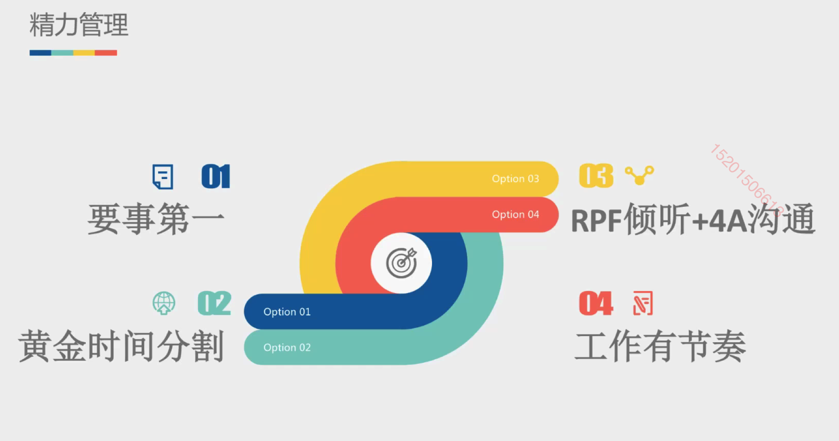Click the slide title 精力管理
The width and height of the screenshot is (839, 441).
click(x=79, y=25)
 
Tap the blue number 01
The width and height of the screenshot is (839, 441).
click(x=216, y=176)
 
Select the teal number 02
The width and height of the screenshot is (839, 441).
click(x=215, y=303)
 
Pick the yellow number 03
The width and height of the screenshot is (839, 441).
click(x=596, y=176)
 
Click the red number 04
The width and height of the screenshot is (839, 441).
click(x=596, y=303)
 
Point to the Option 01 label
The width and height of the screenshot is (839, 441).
click(x=287, y=312)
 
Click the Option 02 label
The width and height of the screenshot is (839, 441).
click(x=287, y=347)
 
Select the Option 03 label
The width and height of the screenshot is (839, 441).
click(x=515, y=179)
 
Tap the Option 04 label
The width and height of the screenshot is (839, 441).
click(x=515, y=214)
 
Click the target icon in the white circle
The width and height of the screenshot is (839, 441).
click(x=401, y=263)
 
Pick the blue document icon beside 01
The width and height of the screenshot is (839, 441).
click(x=163, y=177)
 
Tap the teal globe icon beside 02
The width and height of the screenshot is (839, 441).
click(x=164, y=303)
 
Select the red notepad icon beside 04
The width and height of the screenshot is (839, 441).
click(x=643, y=303)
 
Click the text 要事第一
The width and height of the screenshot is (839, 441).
click(x=156, y=219)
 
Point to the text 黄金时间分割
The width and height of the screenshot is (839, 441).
click(x=121, y=346)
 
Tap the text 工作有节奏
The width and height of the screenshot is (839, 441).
click(x=660, y=347)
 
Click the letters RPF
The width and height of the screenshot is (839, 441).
click(x=596, y=221)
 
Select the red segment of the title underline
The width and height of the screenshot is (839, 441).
click(x=106, y=53)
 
